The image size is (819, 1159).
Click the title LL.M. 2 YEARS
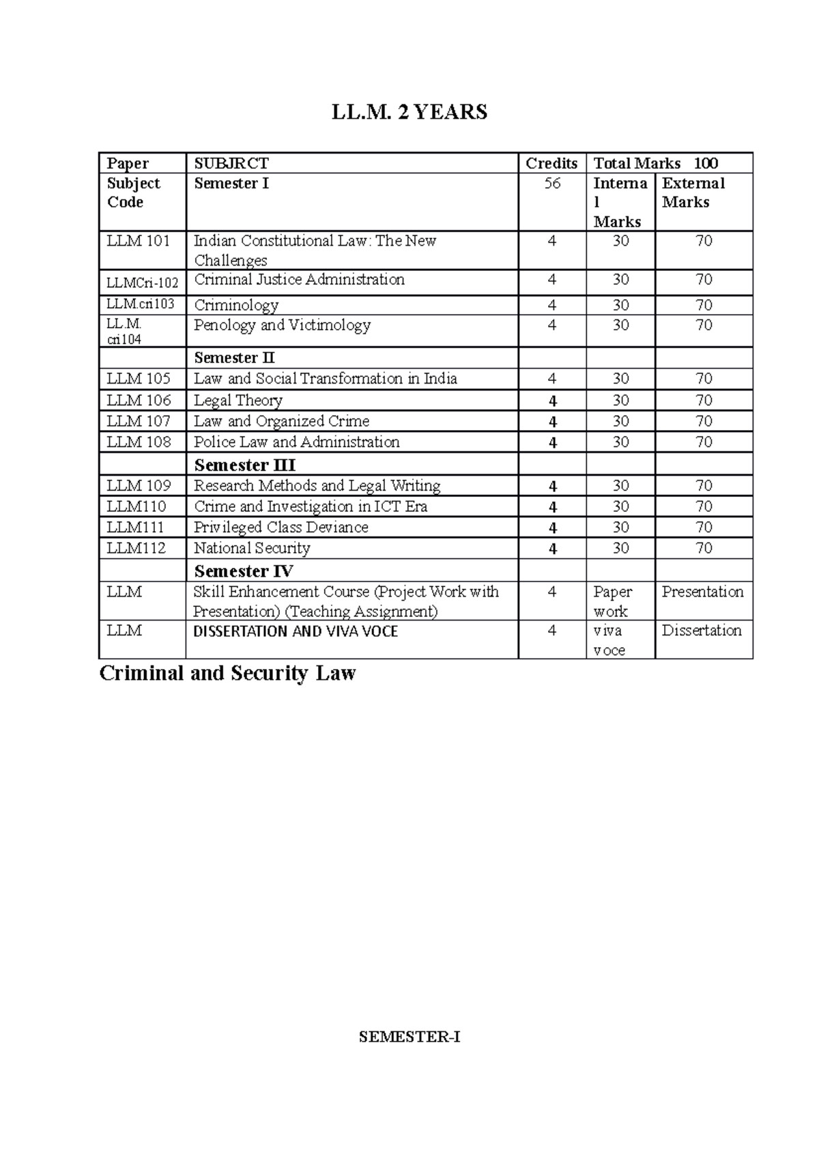(409, 112)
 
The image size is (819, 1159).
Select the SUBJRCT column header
(231, 163)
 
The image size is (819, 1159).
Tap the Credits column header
(551, 163)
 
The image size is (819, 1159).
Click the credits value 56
(552, 184)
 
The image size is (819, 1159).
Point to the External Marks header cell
(693, 192)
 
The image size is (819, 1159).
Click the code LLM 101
(139, 241)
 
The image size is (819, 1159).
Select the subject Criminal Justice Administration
(299, 280)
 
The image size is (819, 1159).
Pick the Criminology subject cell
(236, 305)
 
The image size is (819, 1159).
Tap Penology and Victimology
(282, 325)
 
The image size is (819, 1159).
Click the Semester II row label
(235, 358)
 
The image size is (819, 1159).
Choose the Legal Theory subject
(238, 401)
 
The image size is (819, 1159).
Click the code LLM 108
(139, 442)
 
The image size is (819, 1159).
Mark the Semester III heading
(244, 466)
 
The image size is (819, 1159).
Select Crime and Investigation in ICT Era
(311, 506)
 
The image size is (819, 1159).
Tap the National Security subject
(252, 548)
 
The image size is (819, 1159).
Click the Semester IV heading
(244, 571)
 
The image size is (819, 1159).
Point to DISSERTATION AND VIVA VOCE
(296, 632)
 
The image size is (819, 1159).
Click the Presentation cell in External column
(702, 592)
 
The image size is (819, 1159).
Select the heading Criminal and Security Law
(227, 674)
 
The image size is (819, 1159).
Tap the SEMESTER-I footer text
(409, 1038)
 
